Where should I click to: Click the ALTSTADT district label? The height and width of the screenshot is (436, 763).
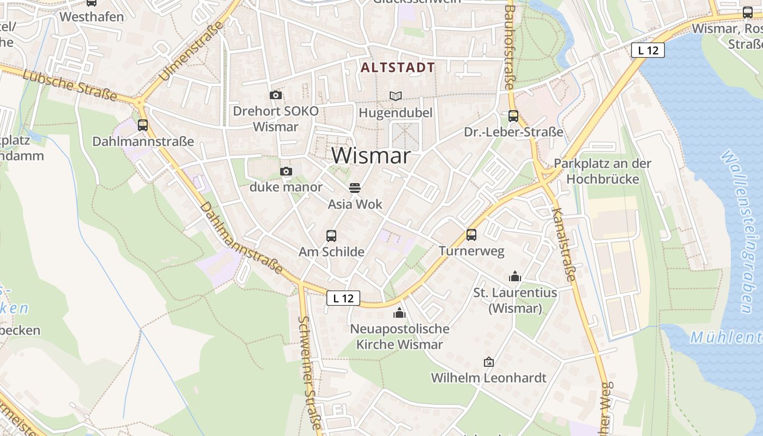(x=398, y=68)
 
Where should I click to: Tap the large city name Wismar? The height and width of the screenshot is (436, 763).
(x=371, y=156)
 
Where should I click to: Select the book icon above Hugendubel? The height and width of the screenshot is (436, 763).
(x=396, y=96)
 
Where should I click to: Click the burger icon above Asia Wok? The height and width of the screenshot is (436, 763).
(x=355, y=188)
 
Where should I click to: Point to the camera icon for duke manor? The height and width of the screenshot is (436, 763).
(x=286, y=172)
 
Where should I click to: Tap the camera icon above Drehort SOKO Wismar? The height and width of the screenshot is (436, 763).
(x=276, y=95)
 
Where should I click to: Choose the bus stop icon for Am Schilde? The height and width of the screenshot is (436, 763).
(x=331, y=236)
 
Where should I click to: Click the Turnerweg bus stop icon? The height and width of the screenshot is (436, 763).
(x=471, y=235)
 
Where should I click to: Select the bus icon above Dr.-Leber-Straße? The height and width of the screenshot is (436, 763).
(x=513, y=116)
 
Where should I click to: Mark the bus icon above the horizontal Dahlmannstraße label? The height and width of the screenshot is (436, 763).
(x=143, y=125)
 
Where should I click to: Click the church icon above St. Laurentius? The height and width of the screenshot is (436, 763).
(x=515, y=277)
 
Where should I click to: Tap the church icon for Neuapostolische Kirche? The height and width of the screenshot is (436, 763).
(x=399, y=313)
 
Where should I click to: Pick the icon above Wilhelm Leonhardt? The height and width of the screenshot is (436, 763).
(x=489, y=362)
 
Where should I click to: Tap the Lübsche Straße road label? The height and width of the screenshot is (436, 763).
(x=70, y=85)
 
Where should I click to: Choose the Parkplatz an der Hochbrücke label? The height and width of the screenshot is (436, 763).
(x=602, y=171)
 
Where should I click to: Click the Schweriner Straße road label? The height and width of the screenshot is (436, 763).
(x=311, y=373)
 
